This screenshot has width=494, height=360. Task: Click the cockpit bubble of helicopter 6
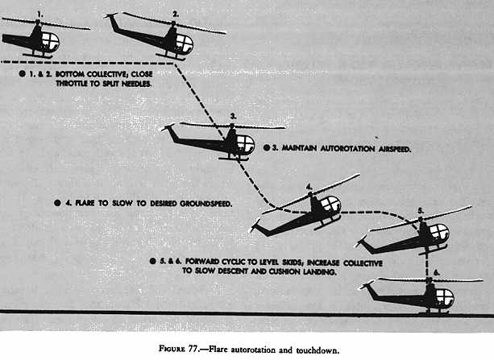coord(444,297)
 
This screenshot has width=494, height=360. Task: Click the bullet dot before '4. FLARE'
coord(57,204)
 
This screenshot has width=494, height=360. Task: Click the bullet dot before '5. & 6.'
coord(153,263)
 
